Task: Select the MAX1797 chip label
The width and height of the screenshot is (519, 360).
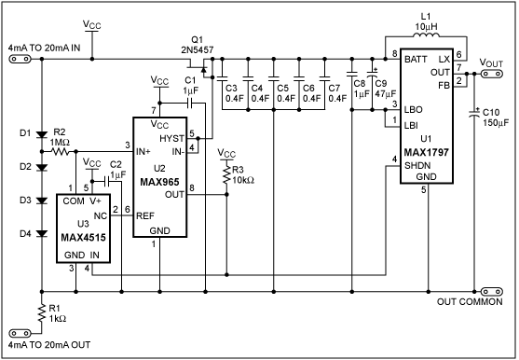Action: [427, 152]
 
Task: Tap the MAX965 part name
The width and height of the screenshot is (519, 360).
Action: [159, 182]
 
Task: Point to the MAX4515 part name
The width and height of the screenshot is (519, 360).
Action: [83, 238]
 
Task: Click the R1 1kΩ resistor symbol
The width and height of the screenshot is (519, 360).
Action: [42, 313]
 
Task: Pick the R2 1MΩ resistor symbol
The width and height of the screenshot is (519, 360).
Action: [60, 152]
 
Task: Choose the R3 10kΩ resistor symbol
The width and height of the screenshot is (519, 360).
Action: [226, 174]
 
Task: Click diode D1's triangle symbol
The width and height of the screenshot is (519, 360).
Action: [42, 134]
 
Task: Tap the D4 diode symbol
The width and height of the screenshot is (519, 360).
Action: [42, 233]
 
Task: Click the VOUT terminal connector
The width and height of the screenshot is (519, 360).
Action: [491, 73]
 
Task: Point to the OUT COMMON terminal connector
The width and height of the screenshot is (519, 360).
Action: [492, 292]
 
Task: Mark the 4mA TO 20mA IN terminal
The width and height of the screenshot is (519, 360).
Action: [20, 60]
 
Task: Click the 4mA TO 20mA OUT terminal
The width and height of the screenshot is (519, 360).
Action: [20, 333]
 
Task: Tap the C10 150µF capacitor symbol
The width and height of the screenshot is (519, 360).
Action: [474, 113]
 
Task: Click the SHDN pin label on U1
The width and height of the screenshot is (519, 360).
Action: [417, 165]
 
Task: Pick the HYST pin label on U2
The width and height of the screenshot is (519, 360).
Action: [171, 138]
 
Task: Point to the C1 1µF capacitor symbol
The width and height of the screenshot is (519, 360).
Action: [190, 103]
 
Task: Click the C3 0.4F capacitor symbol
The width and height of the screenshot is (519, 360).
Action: [222, 78]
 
